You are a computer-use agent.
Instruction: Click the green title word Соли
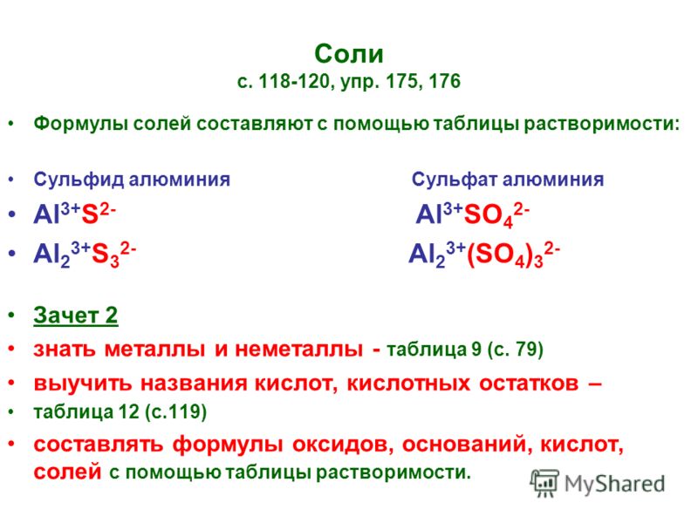tap(348, 54)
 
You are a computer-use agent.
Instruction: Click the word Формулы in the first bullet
tap(80, 124)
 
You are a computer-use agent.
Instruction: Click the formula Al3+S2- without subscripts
tap(75, 214)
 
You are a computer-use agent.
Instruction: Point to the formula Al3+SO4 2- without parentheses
tap(472, 214)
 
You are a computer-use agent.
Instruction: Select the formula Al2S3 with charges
tap(85, 254)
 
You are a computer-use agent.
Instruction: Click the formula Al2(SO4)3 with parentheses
tap(484, 255)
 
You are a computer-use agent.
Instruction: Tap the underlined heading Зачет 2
tap(76, 316)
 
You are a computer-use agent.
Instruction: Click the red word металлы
tap(154, 350)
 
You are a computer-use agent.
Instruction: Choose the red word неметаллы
tap(298, 350)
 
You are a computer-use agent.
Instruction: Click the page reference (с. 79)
tap(516, 350)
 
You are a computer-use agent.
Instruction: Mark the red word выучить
tap(83, 384)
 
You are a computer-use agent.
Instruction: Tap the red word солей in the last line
tap(68, 472)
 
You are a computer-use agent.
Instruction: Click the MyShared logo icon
tap(544, 483)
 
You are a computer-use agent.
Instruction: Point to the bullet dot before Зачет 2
tap(11, 316)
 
